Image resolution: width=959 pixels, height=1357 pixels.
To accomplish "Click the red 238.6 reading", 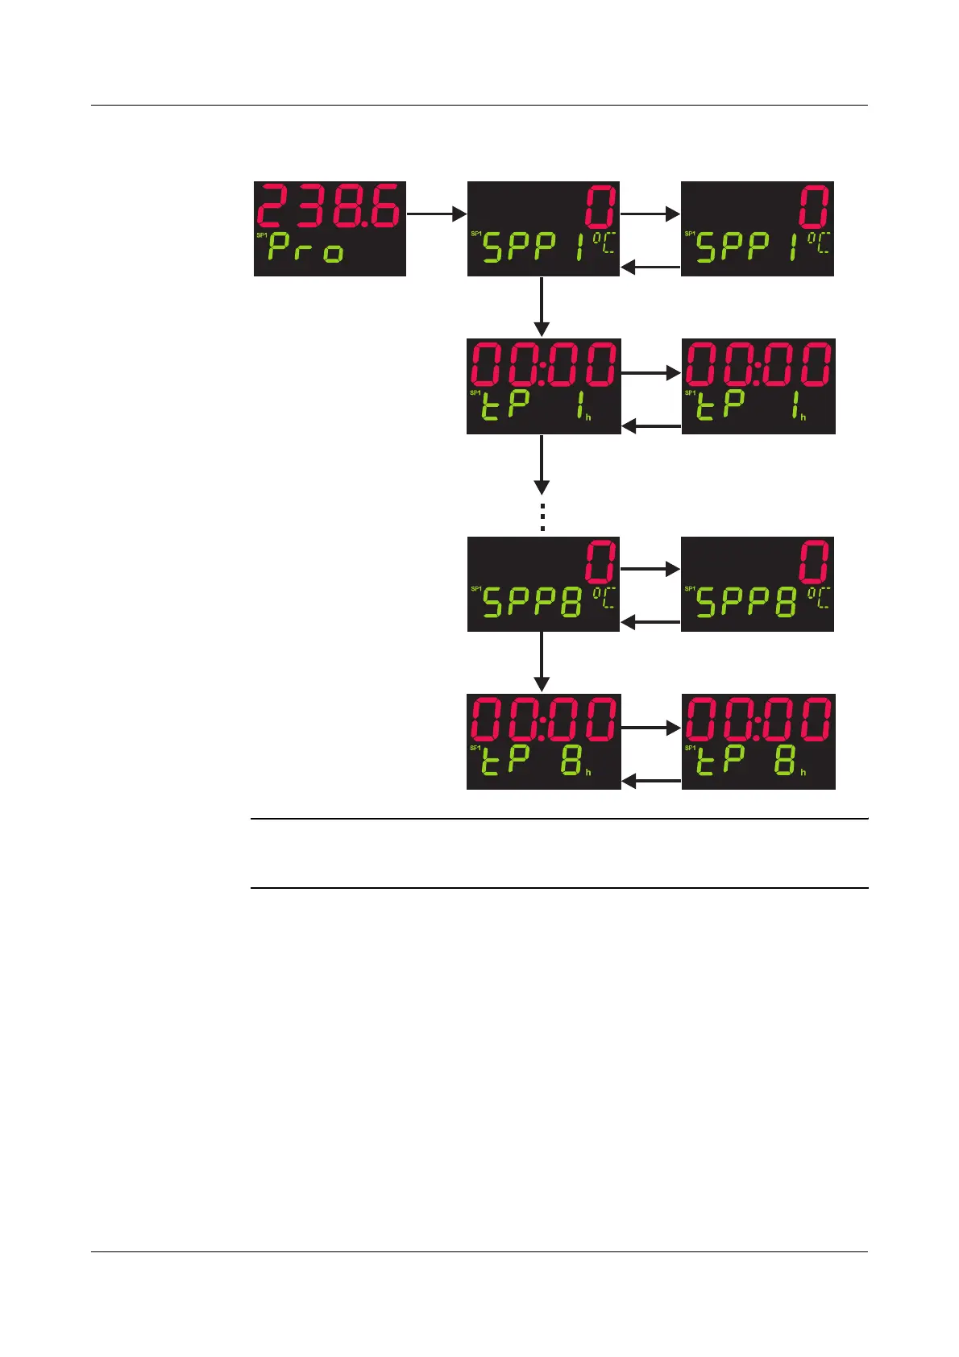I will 329,206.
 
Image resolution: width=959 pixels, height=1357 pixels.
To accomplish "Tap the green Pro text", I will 306,248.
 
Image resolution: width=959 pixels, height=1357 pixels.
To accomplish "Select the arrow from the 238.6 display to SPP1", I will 437,214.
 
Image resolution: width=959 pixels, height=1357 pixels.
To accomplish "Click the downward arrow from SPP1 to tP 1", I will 542,307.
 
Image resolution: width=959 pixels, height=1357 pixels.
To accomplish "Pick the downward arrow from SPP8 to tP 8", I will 542,662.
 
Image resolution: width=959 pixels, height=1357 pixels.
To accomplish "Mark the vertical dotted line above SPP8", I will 542,517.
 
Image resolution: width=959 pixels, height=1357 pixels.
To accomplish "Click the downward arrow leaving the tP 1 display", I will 542,464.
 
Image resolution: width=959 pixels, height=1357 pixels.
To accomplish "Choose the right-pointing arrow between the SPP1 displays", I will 650,214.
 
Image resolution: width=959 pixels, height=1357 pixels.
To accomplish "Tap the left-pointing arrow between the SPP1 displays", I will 650,267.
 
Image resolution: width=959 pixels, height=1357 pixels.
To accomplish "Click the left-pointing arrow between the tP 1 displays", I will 651,425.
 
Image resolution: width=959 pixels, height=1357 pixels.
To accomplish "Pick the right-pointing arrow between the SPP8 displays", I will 650,569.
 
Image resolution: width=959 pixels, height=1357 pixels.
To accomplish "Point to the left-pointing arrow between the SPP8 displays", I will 650,622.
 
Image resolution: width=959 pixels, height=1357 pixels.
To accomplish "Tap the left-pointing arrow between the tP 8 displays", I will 651,781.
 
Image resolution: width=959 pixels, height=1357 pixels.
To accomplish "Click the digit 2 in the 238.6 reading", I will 275,206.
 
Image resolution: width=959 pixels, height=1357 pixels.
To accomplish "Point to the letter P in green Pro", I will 279,248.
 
